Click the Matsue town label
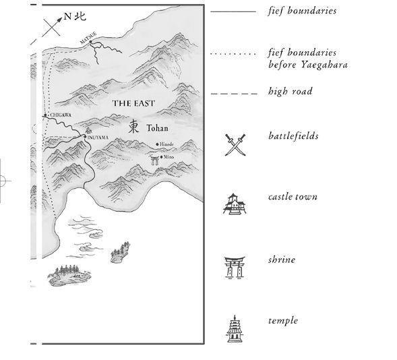88,38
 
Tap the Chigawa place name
61,115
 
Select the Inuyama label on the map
98,138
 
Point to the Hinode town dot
157,144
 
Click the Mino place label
169,157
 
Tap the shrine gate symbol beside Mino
154,160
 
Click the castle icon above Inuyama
88,131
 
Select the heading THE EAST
133,103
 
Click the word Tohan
157,128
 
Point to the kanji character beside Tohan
133,127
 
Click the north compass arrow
52,27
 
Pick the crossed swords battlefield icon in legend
235,145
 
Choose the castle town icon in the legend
235,204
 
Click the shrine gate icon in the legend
235,268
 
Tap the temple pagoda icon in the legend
235,329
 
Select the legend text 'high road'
290,92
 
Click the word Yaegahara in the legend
324,65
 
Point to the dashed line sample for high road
234,94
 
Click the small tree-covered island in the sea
120,252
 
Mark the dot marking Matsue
90,42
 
